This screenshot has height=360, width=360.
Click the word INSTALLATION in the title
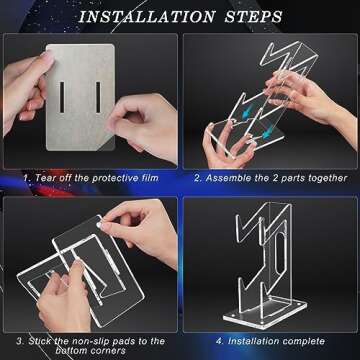pyautogui.click(x=148, y=17)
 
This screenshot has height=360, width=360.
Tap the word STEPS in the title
pyautogui.click(x=254, y=17)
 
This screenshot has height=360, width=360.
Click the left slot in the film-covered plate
pyautogui.click(x=62, y=97)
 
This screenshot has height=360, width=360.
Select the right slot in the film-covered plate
pyautogui.click(x=98, y=97)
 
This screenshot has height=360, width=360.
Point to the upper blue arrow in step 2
pyautogui.click(x=247, y=114)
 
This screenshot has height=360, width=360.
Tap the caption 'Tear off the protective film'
pyautogui.click(x=96, y=177)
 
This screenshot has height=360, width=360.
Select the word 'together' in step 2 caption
pyautogui.click(x=328, y=178)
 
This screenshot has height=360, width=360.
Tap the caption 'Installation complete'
pyautogui.click(x=276, y=341)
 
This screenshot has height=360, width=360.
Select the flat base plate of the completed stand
pyautogui.click(x=265, y=313)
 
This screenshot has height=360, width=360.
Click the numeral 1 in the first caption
pyautogui.click(x=25, y=178)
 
